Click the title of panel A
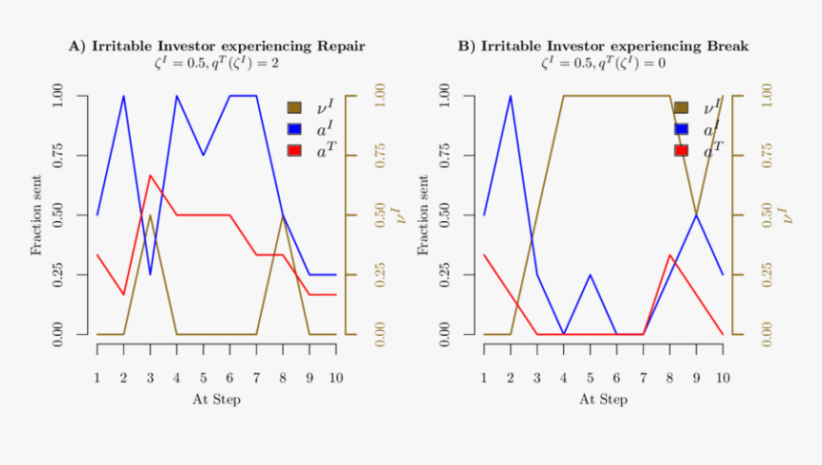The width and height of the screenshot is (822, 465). pos(216,46)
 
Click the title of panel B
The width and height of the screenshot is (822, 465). pos(602,46)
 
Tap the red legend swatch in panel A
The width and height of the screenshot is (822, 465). pos(294,151)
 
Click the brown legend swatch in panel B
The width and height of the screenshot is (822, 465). pos(681,108)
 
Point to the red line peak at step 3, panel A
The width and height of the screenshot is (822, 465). pos(150,176)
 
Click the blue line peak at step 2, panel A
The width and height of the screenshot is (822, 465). pos(123,96)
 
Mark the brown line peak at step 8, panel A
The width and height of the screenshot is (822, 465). pos(283,215)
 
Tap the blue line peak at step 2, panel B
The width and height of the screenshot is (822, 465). pos(510,96)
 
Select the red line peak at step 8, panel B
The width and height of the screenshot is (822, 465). pos(670,255)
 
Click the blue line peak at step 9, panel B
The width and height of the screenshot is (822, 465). pos(696,215)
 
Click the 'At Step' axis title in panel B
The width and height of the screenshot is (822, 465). pos(603,399)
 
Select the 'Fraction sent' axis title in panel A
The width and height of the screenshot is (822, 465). pos(36,215)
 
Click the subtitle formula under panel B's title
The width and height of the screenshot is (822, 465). pos(602,64)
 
